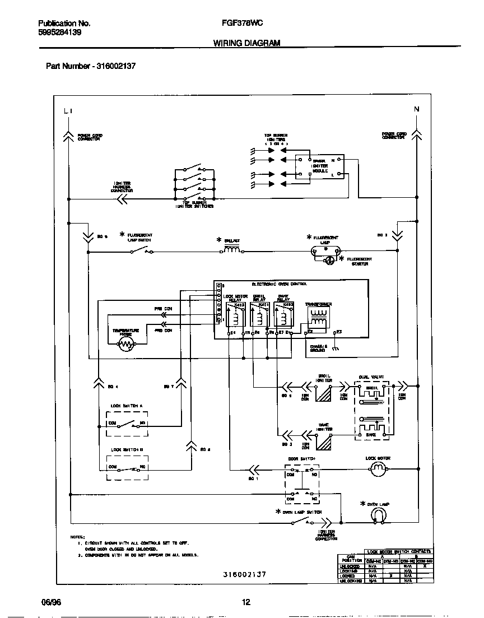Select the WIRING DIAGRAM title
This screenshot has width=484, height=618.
(246, 43)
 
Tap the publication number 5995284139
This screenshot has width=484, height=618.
(59, 32)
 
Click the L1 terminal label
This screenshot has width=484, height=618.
(68, 110)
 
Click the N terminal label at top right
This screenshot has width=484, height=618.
(416, 109)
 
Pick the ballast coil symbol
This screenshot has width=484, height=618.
(232, 250)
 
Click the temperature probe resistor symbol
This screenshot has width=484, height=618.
(127, 344)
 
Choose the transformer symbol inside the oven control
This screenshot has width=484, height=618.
(318, 319)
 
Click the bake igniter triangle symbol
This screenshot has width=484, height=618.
(324, 442)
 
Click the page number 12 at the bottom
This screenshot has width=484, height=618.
(245, 602)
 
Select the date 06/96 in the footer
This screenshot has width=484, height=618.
(50, 602)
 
